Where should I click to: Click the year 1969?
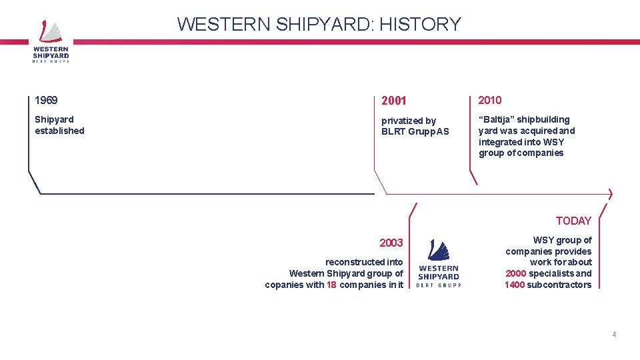(x=46, y=101)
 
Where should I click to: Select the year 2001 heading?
(x=393, y=101)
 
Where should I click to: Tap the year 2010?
(x=490, y=100)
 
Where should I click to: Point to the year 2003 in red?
(x=391, y=243)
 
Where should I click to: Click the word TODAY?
(x=573, y=221)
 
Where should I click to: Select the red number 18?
(x=331, y=285)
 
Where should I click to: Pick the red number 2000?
(x=515, y=273)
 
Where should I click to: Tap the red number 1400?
(x=515, y=285)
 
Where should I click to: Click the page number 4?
(x=614, y=335)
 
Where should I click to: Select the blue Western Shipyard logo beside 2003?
(x=438, y=264)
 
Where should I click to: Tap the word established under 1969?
(x=59, y=131)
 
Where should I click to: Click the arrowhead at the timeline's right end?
(x=609, y=194)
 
